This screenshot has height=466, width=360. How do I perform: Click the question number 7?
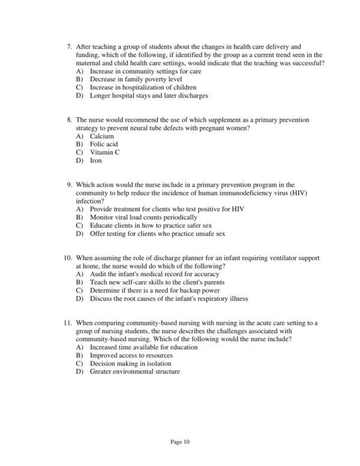69,46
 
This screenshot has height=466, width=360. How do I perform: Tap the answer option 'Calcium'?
102,136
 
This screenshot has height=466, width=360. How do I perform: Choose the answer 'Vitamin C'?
105,153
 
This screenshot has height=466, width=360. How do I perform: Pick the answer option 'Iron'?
96,161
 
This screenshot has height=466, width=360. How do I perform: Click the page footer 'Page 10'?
180,442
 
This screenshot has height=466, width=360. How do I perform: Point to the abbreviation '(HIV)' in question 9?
293,194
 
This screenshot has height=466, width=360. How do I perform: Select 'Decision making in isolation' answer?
130,363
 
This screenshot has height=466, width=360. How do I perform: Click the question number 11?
67,322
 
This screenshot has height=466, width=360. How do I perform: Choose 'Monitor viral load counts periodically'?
143,217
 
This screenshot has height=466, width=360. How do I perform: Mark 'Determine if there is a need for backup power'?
155,290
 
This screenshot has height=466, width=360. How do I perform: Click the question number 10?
67,258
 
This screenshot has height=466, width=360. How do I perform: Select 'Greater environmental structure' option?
134,372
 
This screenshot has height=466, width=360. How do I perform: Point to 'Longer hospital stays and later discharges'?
149,95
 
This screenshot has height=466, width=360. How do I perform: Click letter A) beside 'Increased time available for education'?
80,347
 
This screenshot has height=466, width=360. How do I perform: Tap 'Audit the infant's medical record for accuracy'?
154,274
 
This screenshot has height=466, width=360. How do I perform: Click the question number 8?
69,120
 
